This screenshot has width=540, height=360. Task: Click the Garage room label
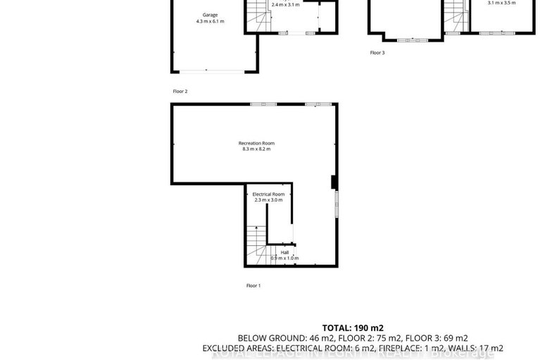click(x=210, y=15)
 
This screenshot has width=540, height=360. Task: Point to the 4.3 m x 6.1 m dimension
click(x=210, y=22)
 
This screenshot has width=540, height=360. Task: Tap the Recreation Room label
click(x=256, y=143)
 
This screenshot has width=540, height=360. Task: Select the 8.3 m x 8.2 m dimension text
click(x=256, y=149)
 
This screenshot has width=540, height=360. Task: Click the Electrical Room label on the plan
click(x=268, y=194)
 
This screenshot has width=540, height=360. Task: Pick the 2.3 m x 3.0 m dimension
click(x=268, y=200)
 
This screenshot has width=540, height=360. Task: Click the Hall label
click(x=284, y=252)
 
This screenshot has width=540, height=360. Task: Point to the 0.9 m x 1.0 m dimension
click(x=284, y=259)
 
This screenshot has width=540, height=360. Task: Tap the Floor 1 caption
click(x=253, y=285)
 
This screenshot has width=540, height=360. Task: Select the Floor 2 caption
click(x=180, y=92)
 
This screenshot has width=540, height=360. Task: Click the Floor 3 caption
click(x=377, y=53)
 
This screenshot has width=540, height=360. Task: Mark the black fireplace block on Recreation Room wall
click(x=334, y=182)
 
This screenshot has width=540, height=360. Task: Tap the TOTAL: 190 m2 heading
click(x=353, y=328)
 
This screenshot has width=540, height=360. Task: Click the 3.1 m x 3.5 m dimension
click(x=501, y=3)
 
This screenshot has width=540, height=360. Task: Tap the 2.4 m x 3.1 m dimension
click(x=285, y=4)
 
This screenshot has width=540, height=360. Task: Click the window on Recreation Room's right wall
click(x=337, y=204)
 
